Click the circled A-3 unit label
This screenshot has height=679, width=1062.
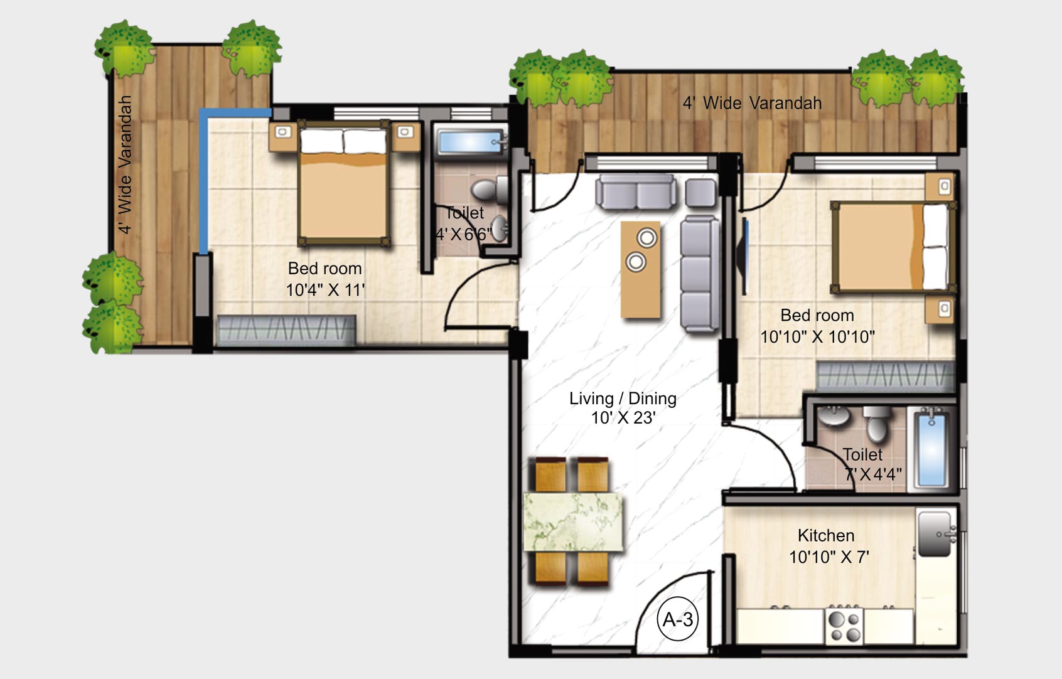[x=678, y=619]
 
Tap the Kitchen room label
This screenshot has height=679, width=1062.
[x=825, y=535]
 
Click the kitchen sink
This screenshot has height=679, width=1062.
[x=936, y=533]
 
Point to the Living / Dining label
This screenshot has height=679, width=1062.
[x=623, y=398]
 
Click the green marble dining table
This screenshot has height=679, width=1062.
[x=573, y=523]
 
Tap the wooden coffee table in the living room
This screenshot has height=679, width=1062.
[x=640, y=269]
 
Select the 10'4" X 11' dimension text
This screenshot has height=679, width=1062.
[x=325, y=290]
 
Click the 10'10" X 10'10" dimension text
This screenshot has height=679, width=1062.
[x=817, y=337]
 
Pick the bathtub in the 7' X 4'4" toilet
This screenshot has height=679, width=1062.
[x=931, y=448]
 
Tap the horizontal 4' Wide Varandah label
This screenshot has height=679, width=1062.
[x=752, y=103]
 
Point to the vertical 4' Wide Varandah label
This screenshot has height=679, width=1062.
[x=126, y=164]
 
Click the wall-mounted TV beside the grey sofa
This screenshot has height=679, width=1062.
[x=745, y=256]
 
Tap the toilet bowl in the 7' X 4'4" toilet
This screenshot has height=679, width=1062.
[x=876, y=424]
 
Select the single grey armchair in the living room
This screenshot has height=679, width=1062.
[x=700, y=193]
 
